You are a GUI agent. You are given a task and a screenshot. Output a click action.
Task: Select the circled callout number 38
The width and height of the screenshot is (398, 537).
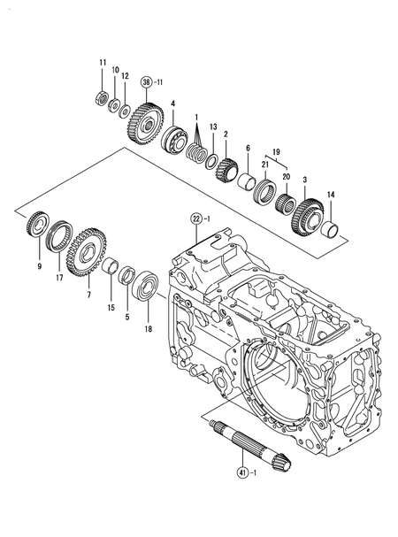pos(146,82)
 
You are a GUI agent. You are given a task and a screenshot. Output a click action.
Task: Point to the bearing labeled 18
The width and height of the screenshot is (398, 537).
pos(145,288)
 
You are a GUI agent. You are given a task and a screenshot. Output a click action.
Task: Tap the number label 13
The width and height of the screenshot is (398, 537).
pos(212,127)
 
